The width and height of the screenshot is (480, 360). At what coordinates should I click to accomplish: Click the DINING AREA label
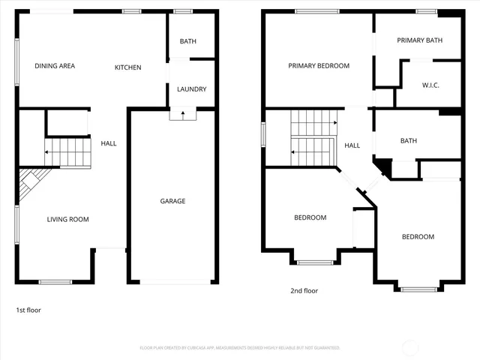pos(55,66)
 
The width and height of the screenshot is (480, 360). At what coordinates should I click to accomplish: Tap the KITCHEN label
pos(127,67)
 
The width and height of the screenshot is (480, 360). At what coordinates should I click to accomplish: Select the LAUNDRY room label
pos(191,89)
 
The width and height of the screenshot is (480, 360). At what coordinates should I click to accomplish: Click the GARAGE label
pos(172,201)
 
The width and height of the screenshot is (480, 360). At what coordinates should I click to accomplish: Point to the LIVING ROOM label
pos(67,220)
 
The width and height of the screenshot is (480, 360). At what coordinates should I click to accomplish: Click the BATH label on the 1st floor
pos(188,41)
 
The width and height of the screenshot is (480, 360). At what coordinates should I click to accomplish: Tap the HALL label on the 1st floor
pos(109,143)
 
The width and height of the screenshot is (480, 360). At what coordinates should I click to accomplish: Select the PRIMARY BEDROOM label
pos(319,66)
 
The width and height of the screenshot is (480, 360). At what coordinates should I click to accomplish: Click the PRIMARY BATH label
pos(419,40)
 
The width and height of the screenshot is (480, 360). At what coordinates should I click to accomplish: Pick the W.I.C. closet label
pos(430,85)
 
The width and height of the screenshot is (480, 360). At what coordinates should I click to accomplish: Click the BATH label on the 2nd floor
pos(409,140)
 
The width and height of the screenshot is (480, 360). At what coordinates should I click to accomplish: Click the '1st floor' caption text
pos(29,309)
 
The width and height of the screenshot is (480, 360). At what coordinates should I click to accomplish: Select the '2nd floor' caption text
pos(304,290)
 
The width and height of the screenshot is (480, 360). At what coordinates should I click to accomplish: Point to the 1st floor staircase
pos(67,152)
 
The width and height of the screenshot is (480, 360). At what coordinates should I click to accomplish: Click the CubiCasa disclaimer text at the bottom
pos(240,348)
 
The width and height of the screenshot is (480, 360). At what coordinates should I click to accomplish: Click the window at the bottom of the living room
pos(55,282)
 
